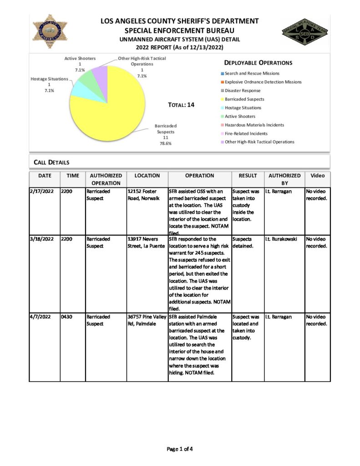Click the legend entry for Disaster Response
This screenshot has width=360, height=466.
click(x=243, y=91)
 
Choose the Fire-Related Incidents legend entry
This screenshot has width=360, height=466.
click(x=246, y=133)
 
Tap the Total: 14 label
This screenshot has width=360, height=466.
click(x=181, y=105)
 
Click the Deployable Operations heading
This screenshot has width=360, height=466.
click(x=258, y=63)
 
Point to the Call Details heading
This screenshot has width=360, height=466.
click(x=51, y=162)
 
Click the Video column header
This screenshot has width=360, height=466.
click(x=317, y=175)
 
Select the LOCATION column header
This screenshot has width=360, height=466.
click(x=147, y=175)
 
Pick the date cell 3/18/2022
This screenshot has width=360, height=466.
click(x=43, y=238)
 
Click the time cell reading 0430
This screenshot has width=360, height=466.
click(x=67, y=317)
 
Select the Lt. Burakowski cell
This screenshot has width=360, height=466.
click(x=282, y=238)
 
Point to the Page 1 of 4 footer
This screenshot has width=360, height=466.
click(x=180, y=449)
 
